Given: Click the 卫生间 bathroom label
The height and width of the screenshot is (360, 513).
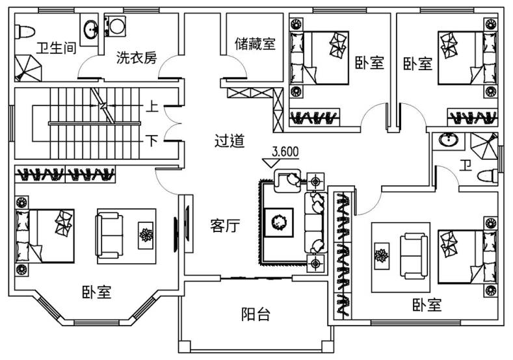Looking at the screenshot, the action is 57,48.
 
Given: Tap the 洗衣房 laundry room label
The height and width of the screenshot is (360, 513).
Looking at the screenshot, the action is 137,58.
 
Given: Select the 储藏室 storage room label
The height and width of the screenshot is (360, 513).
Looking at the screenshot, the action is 255,44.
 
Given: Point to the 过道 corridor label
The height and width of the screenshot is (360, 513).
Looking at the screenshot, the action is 230,141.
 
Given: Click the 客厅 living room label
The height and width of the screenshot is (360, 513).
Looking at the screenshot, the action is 225,225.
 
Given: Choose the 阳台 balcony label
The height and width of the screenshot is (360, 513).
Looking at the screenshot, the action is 256,315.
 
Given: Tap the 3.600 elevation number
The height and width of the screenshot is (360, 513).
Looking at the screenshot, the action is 285,151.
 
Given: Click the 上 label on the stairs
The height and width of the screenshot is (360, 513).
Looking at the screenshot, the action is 151,107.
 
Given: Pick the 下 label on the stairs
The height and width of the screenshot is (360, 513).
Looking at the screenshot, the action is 151,141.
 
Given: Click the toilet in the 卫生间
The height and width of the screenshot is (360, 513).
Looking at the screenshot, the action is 25,32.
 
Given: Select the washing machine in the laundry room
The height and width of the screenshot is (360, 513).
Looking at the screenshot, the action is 115,26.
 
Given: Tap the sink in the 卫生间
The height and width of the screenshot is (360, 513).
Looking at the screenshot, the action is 90,29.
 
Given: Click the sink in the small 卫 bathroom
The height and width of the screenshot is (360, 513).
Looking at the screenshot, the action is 449,140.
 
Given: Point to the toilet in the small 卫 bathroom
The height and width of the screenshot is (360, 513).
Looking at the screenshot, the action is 488,176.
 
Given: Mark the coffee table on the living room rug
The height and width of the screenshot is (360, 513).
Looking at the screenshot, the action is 279,222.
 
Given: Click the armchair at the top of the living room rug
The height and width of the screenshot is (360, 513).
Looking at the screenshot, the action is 287,180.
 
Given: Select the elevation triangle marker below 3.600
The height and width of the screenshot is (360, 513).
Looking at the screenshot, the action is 271,163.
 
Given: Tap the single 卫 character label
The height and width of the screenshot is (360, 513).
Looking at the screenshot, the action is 466,166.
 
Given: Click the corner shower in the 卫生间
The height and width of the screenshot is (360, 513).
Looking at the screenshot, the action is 28,68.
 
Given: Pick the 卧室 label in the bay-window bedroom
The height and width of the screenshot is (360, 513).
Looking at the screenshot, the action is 97,292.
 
